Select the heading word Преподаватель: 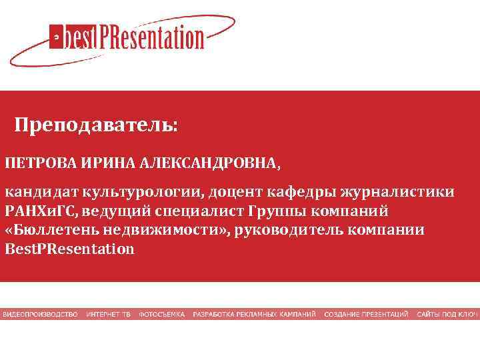coord(97,125)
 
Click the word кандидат coord(42,193)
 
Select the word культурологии coord(143,193)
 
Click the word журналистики coord(403,193)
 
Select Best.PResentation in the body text coord(69,249)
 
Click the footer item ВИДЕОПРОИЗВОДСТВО coord(40,314)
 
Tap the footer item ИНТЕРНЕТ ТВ coord(108,314)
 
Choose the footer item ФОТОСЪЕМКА coord(161,314)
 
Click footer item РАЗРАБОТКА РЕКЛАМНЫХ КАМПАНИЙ coord(255,314)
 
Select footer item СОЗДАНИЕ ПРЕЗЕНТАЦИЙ coord(366,314)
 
